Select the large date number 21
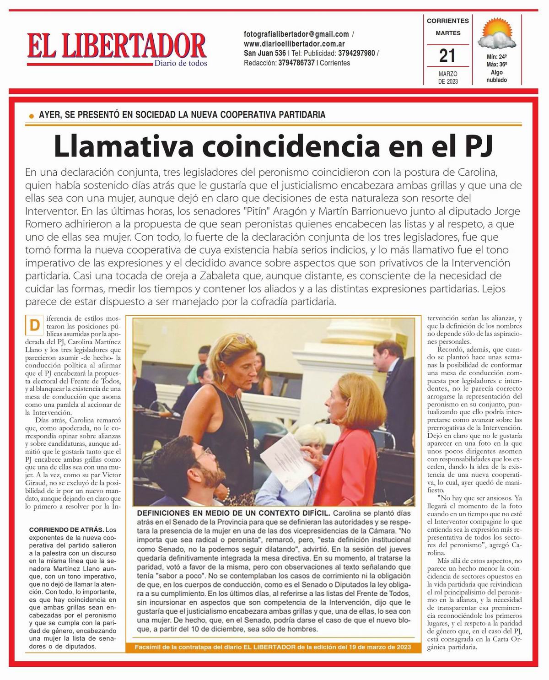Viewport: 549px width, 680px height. [x=447, y=56]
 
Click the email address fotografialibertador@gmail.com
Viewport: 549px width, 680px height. [x=296, y=34]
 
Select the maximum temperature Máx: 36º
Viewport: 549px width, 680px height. [x=496, y=65]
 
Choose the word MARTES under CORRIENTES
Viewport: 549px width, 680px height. [x=447, y=33]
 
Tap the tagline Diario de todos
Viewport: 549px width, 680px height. [x=180, y=63]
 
